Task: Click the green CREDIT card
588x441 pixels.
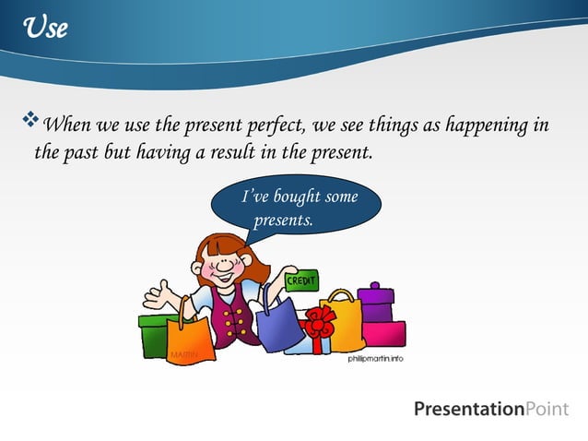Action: (301, 280)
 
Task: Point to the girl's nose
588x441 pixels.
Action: (218, 265)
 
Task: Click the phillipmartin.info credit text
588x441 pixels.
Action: (375, 358)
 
